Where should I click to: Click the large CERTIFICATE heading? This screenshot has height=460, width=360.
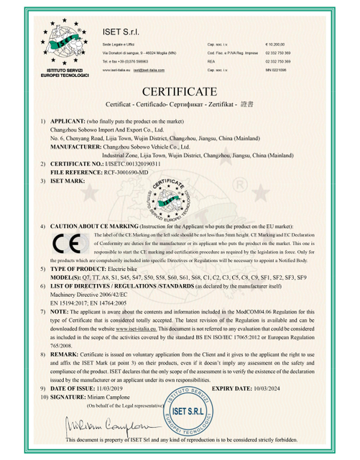[180, 93]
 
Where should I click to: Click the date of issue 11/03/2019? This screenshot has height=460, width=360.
[123, 387]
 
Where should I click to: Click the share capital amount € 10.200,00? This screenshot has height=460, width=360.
[276, 43]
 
